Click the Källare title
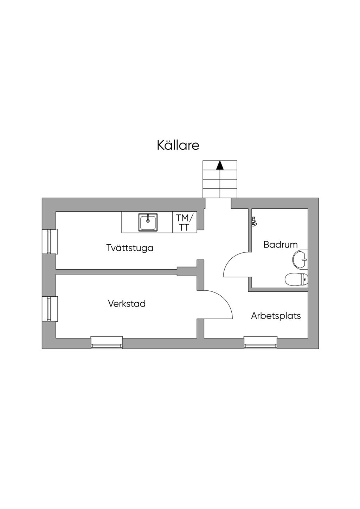point(178,145)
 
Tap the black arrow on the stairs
point(220,165)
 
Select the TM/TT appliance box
point(182,222)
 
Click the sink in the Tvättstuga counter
point(148,223)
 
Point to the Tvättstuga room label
point(130,248)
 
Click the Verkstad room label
point(127,303)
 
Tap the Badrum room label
point(280,244)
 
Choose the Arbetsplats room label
point(276,316)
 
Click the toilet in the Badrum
point(296,280)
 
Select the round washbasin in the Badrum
point(300,260)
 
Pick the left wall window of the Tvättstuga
point(50,241)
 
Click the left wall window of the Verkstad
point(50,309)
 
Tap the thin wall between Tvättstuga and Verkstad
point(116,271)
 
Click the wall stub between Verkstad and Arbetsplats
point(200,328)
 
